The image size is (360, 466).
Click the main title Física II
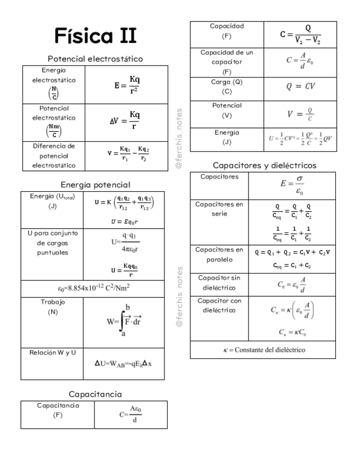pyautogui.click(x=95, y=36)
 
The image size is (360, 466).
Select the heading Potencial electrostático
pyautogui.click(x=95, y=59)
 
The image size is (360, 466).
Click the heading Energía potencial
pyautogui.click(x=95, y=185)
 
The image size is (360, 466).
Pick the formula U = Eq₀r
pyautogui.click(x=124, y=221)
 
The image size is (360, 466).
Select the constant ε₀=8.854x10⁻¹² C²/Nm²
pyautogui.click(x=93, y=288)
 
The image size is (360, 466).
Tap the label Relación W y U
pyautogui.click(x=53, y=352)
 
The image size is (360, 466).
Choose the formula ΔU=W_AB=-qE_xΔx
pyautogui.click(x=123, y=363)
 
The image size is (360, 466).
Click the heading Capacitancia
pyautogui.click(x=95, y=394)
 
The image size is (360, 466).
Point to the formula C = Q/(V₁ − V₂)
pyautogui.click(x=300, y=34)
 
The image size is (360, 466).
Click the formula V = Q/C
pyautogui.click(x=300, y=114)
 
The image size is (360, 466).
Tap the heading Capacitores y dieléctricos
pyautogui.click(x=264, y=165)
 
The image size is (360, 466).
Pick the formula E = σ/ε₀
pyautogui.click(x=299, y=185)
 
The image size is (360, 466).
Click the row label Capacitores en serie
pyautogui.click(x=219, y=209)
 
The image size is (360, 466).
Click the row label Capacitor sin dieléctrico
pyautogui.click(x=219, y=282)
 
